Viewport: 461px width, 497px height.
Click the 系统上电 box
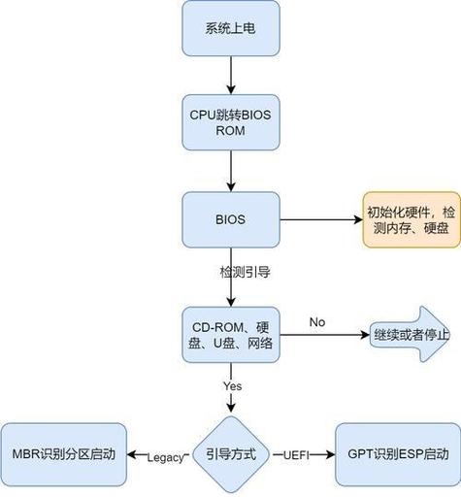coord(231,28)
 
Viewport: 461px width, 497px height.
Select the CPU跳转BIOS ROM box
coord(231,121)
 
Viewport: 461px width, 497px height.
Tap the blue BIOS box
coord(231,219)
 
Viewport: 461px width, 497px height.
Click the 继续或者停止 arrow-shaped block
coord(411,335)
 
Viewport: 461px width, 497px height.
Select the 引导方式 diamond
coord(231,454)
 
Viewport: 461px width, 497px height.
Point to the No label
coord(316,321)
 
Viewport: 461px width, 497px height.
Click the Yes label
coord(232,385)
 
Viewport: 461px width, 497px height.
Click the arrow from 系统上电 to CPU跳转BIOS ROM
coord(231,75)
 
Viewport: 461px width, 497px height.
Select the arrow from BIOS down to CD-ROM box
coord(231,291)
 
